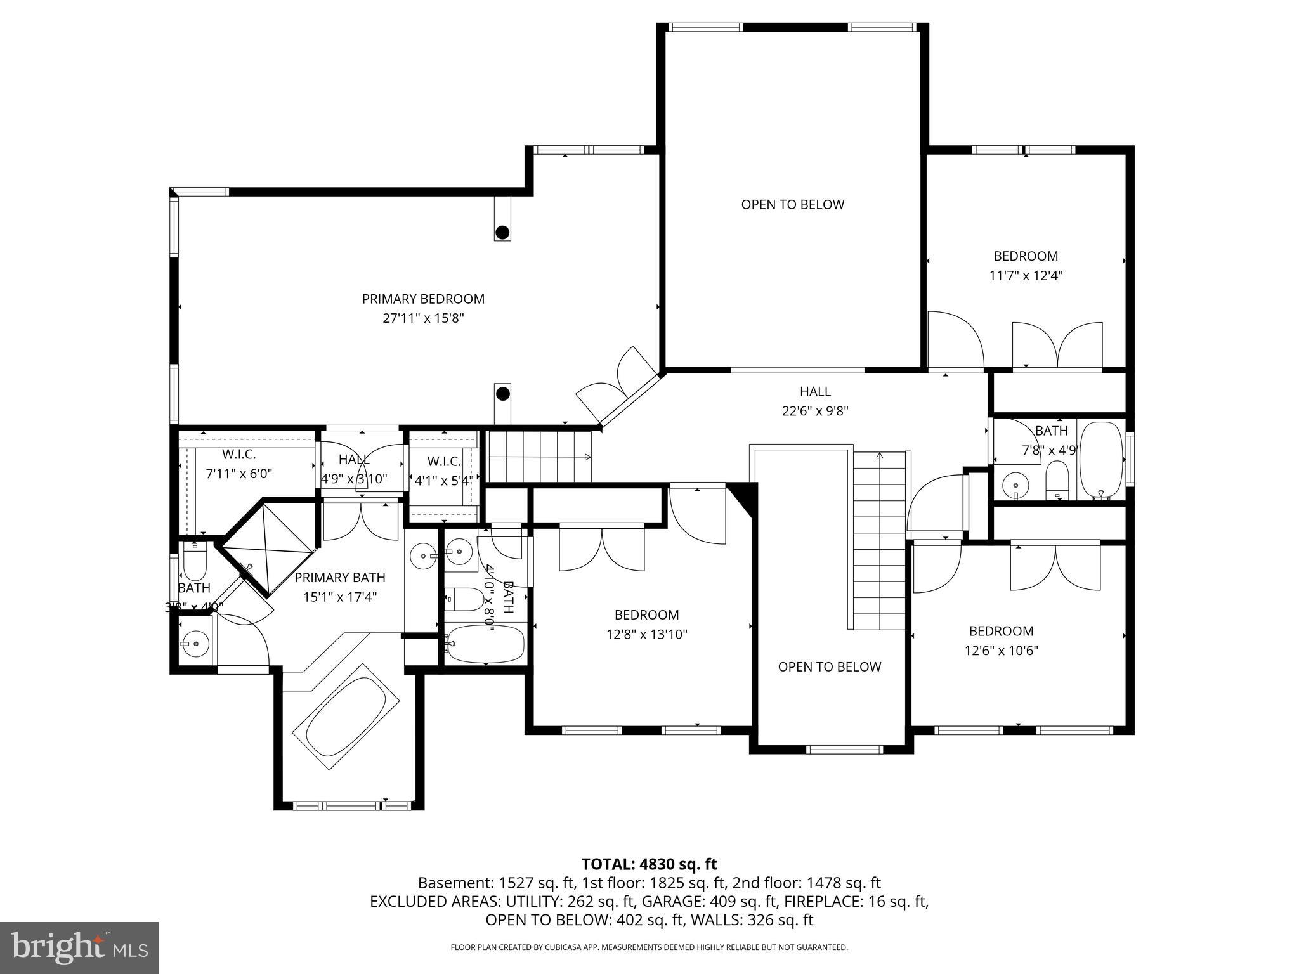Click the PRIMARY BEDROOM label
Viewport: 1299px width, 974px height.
423,299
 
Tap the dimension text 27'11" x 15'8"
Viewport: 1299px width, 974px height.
423,318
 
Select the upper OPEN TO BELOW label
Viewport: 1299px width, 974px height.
792,204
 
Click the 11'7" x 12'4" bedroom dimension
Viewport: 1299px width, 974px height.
1026,276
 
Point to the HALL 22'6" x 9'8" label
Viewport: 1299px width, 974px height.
815,401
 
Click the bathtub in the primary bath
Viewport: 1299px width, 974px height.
346,717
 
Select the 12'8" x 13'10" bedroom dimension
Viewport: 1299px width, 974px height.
646,634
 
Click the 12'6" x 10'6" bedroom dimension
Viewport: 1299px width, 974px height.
1001,651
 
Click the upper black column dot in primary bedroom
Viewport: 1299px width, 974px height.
502,232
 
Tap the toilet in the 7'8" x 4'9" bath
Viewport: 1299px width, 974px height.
1057,480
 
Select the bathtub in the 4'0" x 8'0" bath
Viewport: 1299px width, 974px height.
485,644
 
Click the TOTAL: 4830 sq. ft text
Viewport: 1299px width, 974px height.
649,864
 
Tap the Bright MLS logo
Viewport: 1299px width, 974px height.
79,947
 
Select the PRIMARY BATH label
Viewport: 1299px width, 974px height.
339,577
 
